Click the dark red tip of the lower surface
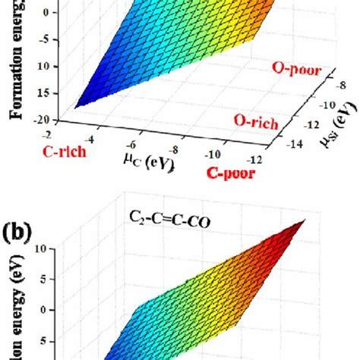305,222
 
